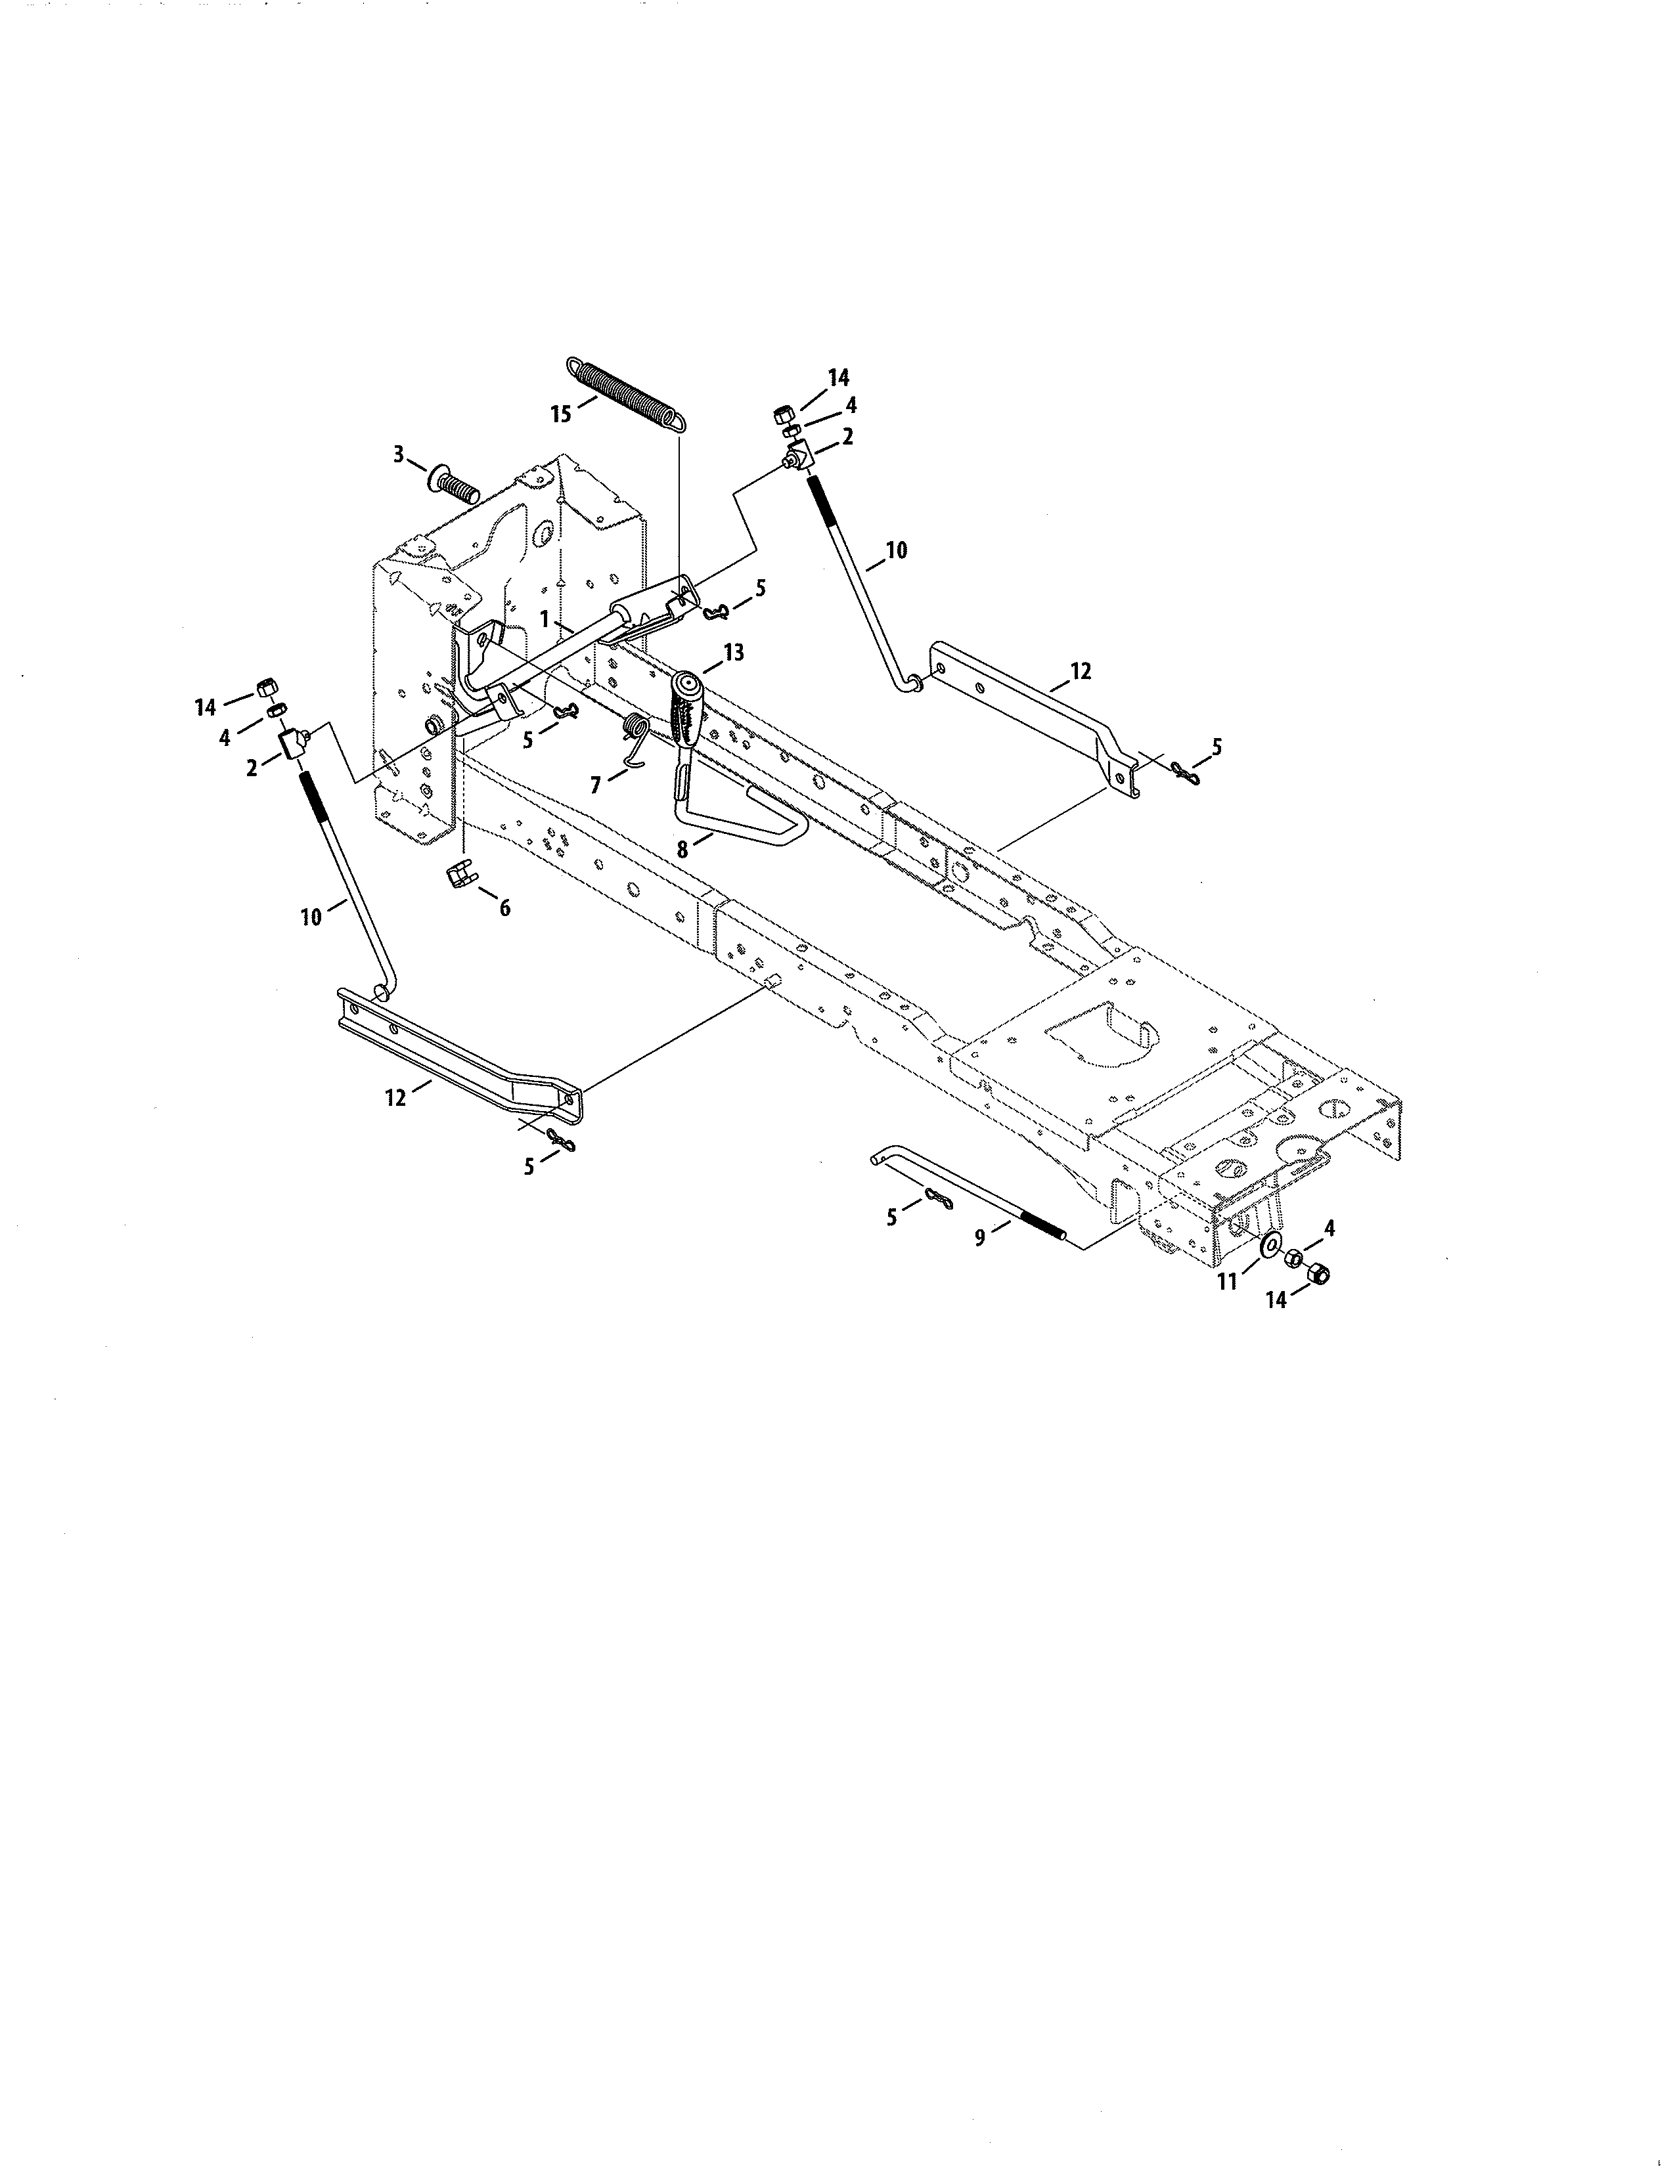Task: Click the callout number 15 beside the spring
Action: pos(562,414)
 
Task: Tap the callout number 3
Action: pos(399,454)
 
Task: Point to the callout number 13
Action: pos(733,653)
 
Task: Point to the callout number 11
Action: pos(1228,1281)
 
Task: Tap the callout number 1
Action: pos(545,617)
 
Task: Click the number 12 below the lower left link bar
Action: pos(396,1097)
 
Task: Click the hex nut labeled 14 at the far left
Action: pos(266,687)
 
